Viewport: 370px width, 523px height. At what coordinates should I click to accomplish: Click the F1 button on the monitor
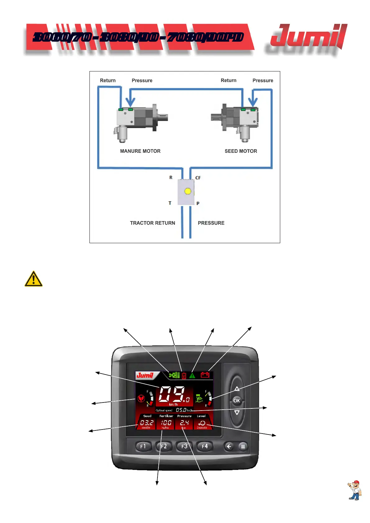(x=143, y=446)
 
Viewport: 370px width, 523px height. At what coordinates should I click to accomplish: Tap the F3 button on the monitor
(x=184, y=446)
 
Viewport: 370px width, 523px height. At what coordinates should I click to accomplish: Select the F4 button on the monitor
(x=205, y=446)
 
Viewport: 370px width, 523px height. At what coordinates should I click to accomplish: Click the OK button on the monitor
(x=237, y=401)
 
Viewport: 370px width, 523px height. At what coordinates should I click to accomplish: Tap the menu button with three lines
(x=243, y=447)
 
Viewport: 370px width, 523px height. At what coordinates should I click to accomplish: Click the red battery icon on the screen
(x=205, y=375)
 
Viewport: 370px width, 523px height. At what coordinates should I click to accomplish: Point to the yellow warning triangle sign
(x=34, y=279)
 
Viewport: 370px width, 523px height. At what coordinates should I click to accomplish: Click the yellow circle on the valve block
(x=188, y=191)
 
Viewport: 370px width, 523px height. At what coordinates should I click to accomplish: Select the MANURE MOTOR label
(x=140, y=151)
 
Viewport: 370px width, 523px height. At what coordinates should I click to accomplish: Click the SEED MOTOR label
(x=241, y=151)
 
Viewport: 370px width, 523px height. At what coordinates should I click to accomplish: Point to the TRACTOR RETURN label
(x=153, y=223)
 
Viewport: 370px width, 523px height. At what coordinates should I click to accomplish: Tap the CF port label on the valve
(x=198, y=178)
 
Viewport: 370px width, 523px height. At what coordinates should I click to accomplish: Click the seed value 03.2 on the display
(x=147, y=423)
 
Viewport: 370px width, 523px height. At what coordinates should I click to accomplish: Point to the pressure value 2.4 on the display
(x=185, y=423)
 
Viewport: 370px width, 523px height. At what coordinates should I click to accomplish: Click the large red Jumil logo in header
(x=308, y=37)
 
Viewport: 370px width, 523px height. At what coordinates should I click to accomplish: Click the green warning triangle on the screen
(x=192, y=375)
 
